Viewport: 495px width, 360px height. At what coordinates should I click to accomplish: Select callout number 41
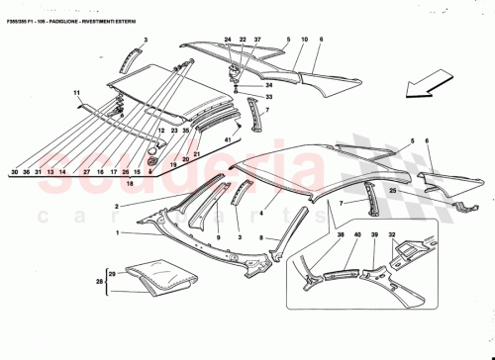227,140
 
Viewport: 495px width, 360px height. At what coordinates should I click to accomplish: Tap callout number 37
256,41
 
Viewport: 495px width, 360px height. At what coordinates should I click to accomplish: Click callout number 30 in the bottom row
15,172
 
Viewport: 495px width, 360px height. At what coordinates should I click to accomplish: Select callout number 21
197,154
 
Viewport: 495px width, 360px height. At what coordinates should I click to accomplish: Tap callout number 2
118,206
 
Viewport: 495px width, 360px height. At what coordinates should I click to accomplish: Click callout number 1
118,233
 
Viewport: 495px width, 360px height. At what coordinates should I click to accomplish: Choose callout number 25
393,190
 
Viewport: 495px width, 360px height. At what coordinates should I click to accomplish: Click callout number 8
261,238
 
